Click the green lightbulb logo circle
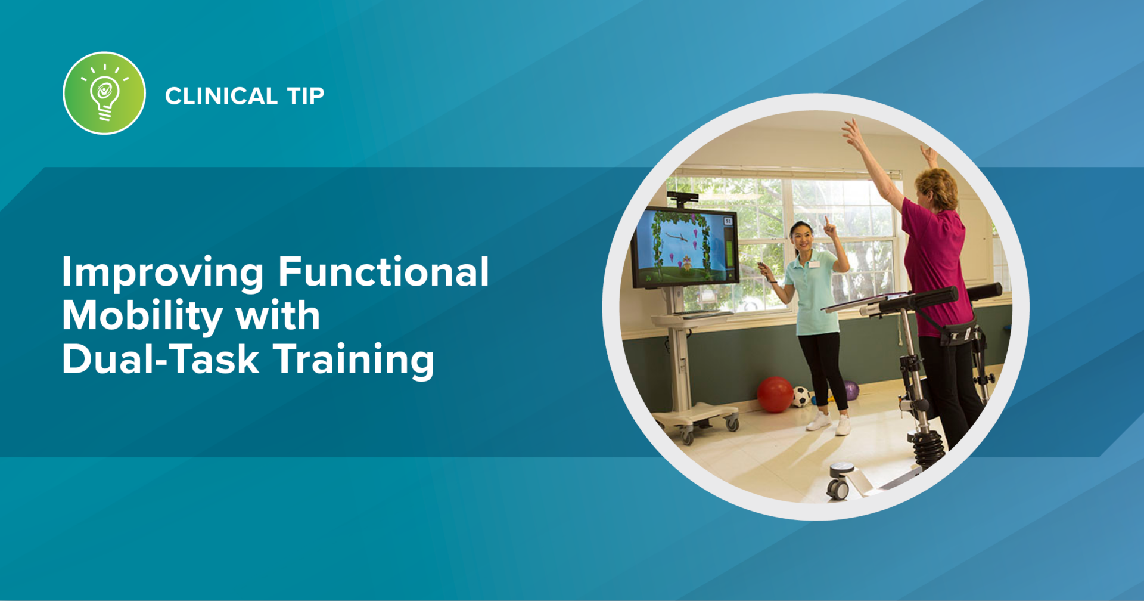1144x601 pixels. pos(104,93)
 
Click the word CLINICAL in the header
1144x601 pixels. pos(221,96)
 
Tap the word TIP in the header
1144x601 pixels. pos(305,96)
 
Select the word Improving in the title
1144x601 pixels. pos(162,272)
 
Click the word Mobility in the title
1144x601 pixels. pos(141,316)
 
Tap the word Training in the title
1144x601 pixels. pos(354,360)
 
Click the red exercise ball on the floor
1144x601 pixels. pos(775,394)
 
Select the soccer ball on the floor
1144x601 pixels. pos(801,396)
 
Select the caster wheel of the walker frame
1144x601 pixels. pos(838,487)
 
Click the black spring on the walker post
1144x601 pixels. pos(929,447)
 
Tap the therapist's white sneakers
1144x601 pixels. pos(829,423)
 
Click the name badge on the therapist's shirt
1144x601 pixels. pos(813,264)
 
